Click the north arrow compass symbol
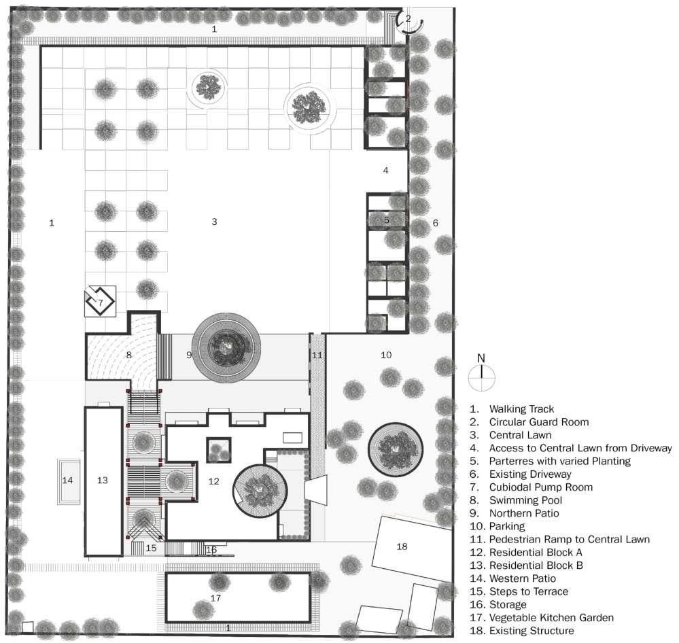click(481, 378)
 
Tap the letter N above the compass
click(481, 358)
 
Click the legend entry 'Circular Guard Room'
click(539, 422)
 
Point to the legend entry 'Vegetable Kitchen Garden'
click(551, 618)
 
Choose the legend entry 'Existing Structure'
click(531, 631)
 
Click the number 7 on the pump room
click(100, 302)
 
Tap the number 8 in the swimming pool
click(128, 355)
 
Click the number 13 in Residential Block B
click(103, 480)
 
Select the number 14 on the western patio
click(67, 480)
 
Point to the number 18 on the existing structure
click(402, 546)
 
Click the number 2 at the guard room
click(408, 18)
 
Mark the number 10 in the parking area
click(386, 355)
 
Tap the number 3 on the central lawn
click(214, 222)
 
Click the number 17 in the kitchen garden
click(215, 598)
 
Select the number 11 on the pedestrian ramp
click(317, 355)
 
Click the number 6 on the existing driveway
click(436, 222)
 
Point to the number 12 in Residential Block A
click(214, 481)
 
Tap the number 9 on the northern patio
click(189, 355)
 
